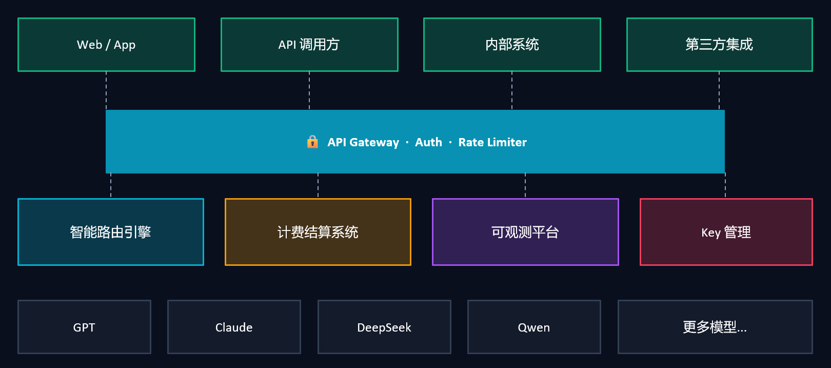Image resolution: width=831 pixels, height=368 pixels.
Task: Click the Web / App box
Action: pos(107,45)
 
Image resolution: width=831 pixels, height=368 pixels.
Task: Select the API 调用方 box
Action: pos(309,45)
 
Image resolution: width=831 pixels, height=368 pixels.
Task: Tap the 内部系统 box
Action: pos(512,45)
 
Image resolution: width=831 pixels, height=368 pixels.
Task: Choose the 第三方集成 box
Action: pos(719,45)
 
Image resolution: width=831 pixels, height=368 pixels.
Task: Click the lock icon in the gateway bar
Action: pos(312,142)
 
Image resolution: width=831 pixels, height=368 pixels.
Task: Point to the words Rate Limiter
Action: pos(492,142)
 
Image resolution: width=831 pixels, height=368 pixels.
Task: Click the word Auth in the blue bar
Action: pos(428,142)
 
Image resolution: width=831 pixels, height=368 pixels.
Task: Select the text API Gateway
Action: pos(363,142)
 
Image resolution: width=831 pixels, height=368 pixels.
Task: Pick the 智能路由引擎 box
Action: pos(111,232)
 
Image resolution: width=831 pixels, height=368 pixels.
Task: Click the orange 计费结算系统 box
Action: pos(318,232)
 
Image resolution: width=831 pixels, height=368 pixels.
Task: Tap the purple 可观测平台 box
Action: pos(525,232)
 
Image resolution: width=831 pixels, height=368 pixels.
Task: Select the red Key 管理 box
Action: pos(726,232)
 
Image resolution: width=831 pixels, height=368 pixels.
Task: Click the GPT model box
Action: pos(84,327)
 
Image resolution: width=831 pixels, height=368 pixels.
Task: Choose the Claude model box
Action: pos(234,327)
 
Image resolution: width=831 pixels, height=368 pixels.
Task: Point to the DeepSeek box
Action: pos(384,327)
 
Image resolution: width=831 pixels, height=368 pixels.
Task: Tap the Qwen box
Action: pos(534,327)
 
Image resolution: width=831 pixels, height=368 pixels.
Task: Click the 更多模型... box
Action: pos(715,327)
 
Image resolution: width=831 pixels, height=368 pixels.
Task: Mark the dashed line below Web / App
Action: pos(106,91)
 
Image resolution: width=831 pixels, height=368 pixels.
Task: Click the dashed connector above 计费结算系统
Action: pos(318,186)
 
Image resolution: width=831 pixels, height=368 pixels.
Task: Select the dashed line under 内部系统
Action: pos(512,91)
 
